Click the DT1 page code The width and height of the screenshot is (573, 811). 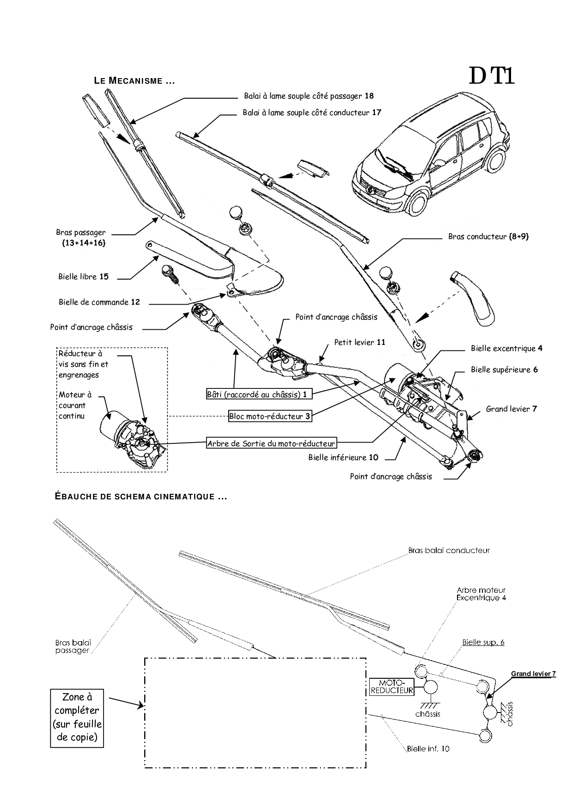(x=491, y=77)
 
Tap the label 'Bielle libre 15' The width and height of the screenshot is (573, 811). (x=84, y=277)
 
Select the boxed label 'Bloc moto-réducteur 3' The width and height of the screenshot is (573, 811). (x=270, y=416)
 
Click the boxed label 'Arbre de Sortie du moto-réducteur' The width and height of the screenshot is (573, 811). (x=271, y=443)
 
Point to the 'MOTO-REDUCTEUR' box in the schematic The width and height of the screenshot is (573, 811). (x=392, y=687)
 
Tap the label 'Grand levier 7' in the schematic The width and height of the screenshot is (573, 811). (x=533, y=674)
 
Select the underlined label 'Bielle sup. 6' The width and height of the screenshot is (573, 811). (x=483, y=643)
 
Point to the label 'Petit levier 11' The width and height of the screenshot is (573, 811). (x=360, y=343)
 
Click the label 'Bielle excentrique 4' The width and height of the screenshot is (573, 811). (x=506, y=349)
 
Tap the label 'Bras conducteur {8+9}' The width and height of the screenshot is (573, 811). (x=488, y=236)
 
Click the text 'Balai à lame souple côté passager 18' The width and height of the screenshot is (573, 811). (x=309, y=96)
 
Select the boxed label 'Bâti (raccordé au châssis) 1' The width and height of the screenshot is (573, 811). (x=257, y=394)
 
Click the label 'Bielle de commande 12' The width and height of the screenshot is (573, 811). (x=99, y=302)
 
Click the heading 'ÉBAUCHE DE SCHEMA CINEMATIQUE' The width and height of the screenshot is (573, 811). (x=140, y=497)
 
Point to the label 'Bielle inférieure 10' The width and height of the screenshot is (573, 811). (x=343, y=458)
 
